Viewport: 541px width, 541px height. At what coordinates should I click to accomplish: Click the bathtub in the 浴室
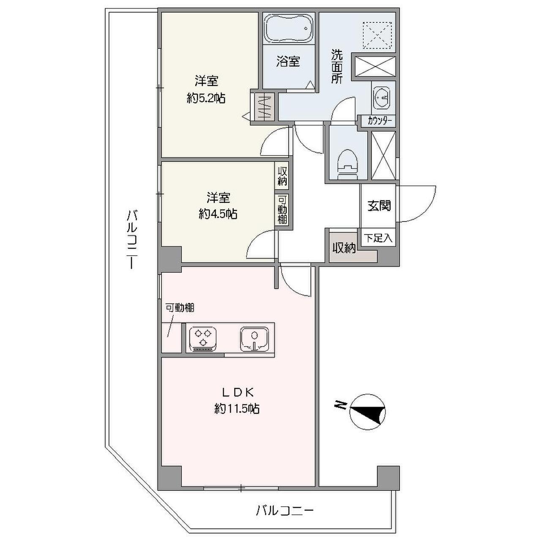click(289, 29)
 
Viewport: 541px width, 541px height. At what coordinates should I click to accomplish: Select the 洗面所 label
click(336, 67)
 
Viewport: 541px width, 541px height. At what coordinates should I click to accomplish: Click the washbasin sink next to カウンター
click(381, 97)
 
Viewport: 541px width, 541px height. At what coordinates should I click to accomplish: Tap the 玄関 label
click(379, 206)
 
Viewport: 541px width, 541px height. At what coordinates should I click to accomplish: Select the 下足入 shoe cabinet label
click(378, 238)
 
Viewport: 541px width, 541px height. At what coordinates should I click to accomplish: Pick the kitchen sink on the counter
click(254, 339)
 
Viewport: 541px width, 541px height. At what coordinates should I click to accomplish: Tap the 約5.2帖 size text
click(206, 98)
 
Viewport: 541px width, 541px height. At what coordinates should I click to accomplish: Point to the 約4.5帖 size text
click(218, 214)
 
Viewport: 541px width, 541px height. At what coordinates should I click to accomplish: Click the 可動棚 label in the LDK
click(180, 308)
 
